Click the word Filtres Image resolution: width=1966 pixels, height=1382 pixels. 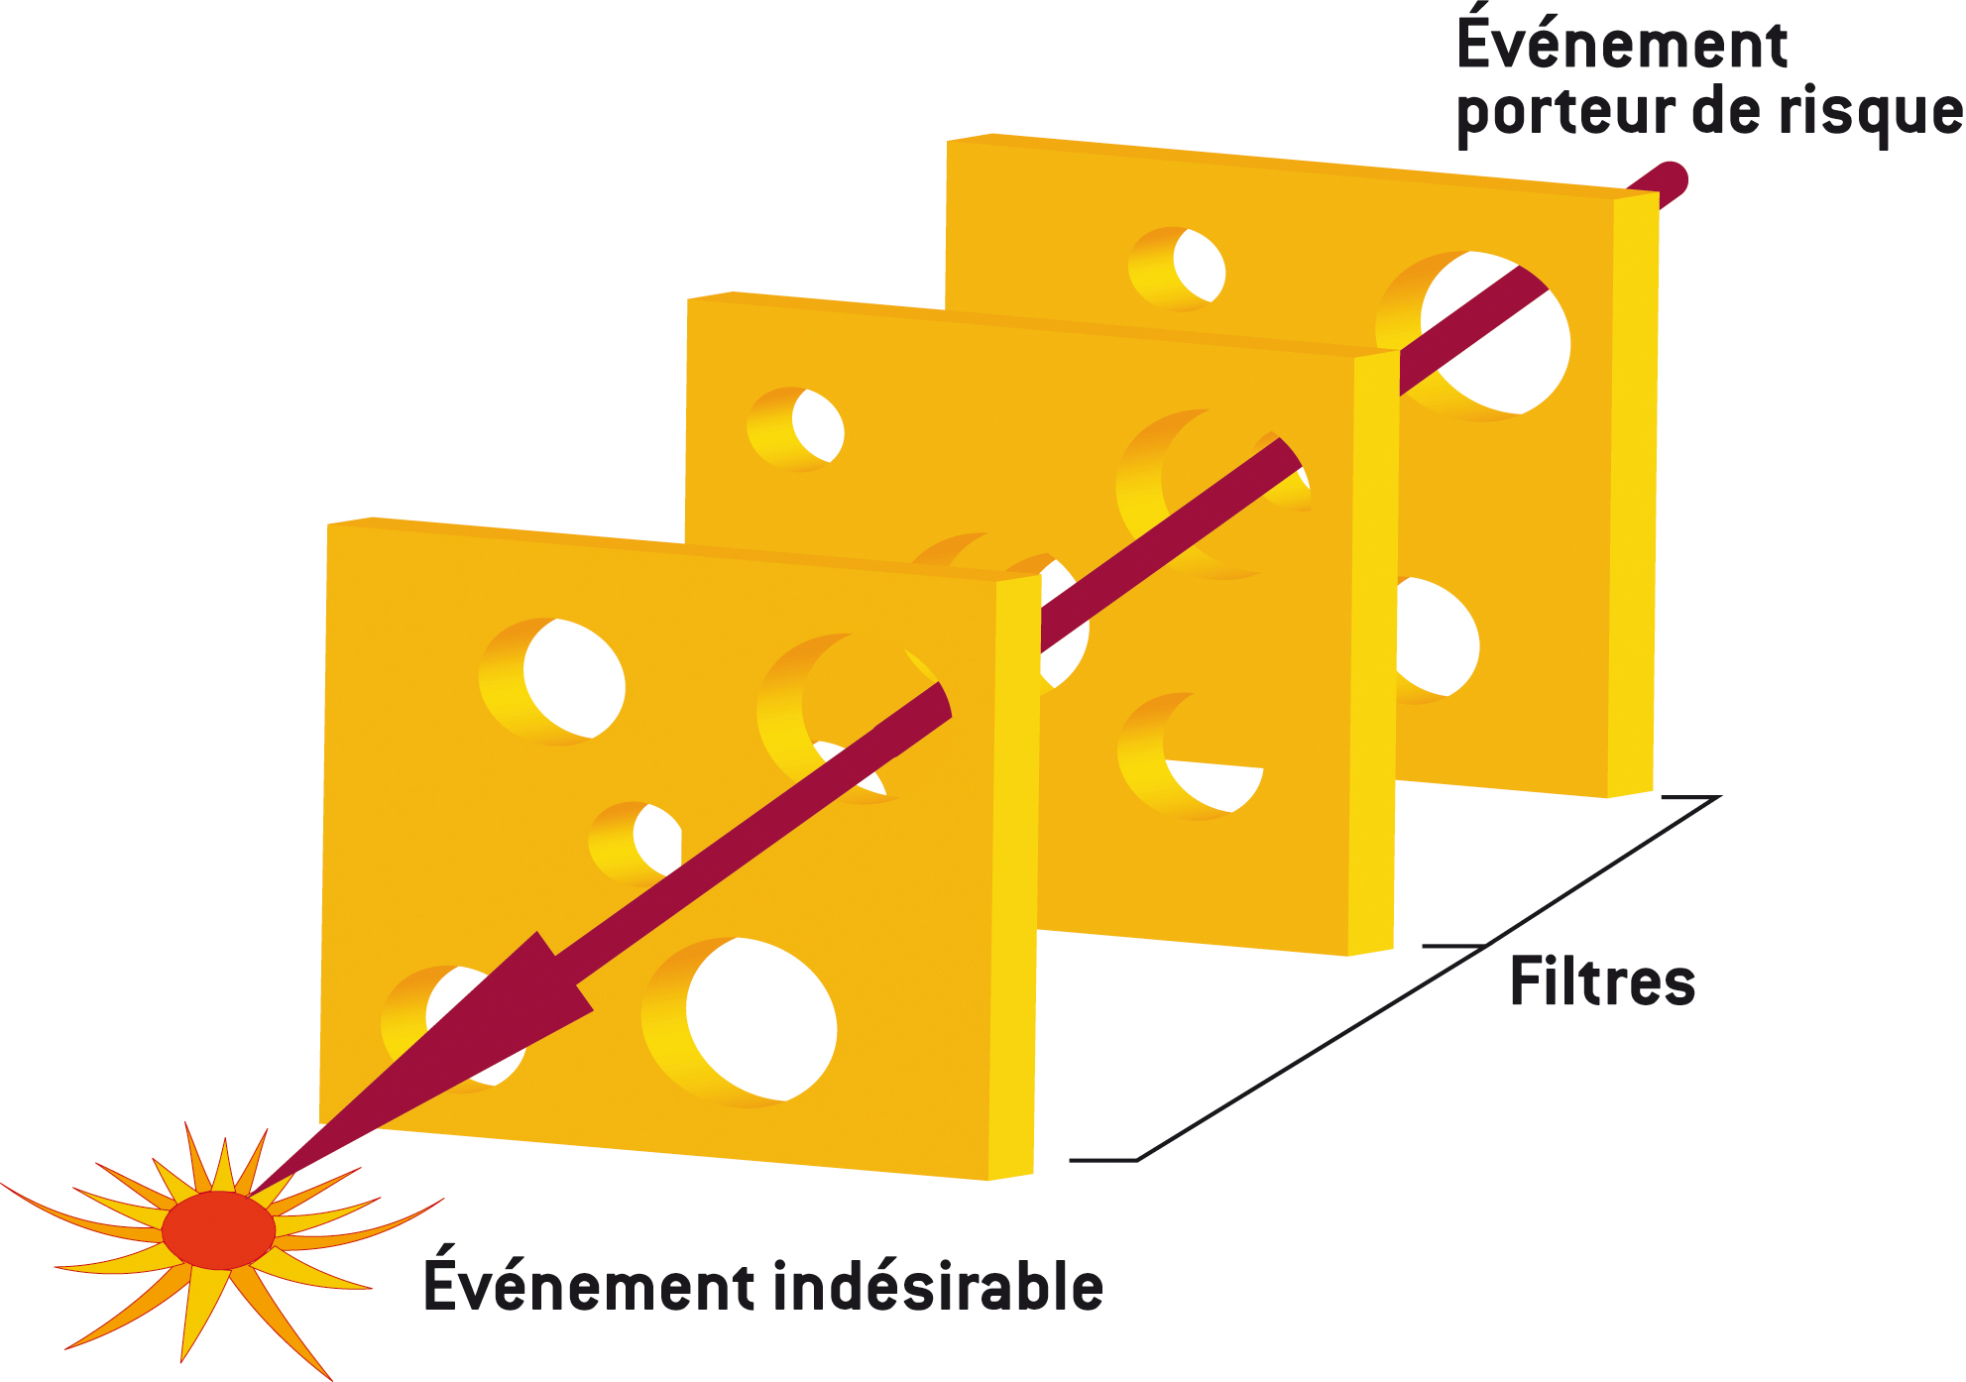1601,982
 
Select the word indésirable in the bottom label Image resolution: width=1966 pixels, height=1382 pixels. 937,1287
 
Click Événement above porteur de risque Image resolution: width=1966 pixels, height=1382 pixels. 1622,44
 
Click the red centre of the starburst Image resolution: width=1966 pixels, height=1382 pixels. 218,1230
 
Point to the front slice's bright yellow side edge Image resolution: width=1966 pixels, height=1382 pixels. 1013,872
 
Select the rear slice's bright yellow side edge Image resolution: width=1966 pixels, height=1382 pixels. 1632,496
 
